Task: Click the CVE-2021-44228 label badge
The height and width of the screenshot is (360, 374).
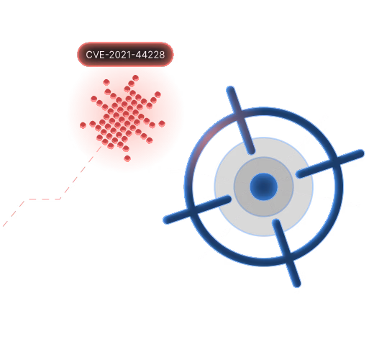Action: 125,55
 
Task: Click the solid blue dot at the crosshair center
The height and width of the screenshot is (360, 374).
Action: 264,186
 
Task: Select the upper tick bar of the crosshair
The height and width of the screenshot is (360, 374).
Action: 240,120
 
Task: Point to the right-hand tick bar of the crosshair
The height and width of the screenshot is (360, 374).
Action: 330,163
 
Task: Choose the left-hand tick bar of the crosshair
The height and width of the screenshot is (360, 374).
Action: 197,210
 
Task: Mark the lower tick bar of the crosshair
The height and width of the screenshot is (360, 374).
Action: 286,253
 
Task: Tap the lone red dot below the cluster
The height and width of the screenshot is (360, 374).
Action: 127,158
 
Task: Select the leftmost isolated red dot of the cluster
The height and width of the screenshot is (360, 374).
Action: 83,125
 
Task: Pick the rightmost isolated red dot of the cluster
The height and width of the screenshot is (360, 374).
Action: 162,124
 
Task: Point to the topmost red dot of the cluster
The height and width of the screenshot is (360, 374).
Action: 135,78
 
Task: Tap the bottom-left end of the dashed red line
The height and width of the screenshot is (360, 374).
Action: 3,226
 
